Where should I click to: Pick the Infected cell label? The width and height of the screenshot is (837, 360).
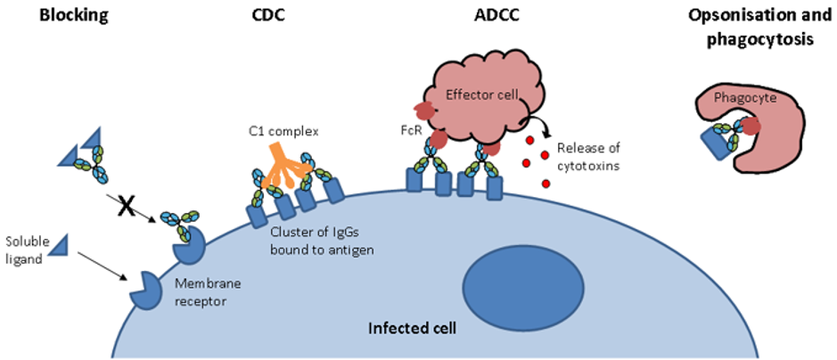pos(413,329)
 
